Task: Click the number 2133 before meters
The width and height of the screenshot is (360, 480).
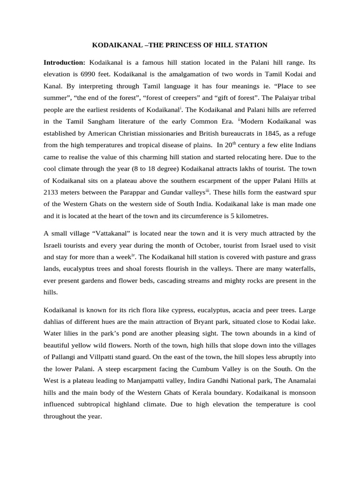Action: [x=51, y=192]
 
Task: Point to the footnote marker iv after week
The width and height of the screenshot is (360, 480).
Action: [x=133, y=255]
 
